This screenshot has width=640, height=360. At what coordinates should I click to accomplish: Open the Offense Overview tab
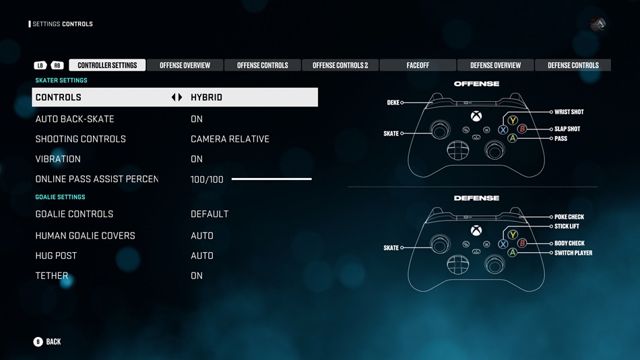[x=185, y=65]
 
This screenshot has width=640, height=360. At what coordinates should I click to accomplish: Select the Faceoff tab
[x=418, y=65]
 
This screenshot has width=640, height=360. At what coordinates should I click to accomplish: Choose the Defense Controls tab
[x=573, y=65]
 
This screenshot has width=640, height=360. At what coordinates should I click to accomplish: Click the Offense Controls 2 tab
[x=340, y=65]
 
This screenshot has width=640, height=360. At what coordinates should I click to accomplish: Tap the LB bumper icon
[x=40, y=65]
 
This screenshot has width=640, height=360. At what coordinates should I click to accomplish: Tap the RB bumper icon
[x=57, y=65]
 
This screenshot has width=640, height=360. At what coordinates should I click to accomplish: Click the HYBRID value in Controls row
[x=207, y=97]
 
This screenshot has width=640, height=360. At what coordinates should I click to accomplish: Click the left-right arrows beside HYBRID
[x=177, y=97]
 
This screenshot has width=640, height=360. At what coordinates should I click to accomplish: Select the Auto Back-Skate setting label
[x=75, y=119]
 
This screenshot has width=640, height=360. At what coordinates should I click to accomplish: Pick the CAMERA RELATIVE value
[x=230, y=139]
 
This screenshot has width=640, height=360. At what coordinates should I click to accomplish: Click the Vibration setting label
[x=58, y=159]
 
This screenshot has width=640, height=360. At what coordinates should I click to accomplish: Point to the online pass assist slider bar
[x=271, y=179]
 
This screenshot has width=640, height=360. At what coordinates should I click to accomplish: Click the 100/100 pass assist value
[x=207, y=179]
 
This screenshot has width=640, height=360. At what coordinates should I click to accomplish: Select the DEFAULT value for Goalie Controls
[x=210, y=214]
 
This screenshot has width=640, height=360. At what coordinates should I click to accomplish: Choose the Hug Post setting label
[x=56, y=256]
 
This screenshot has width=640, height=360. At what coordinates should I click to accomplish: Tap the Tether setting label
[x=52, y=276]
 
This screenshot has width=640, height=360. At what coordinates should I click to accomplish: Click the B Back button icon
[x=38, y=342]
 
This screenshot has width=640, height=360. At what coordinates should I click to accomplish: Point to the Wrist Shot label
[x=569, y=112]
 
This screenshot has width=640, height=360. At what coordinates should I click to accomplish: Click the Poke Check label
[x=569, y=217]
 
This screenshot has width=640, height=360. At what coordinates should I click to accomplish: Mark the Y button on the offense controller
[x=513, y=120]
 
